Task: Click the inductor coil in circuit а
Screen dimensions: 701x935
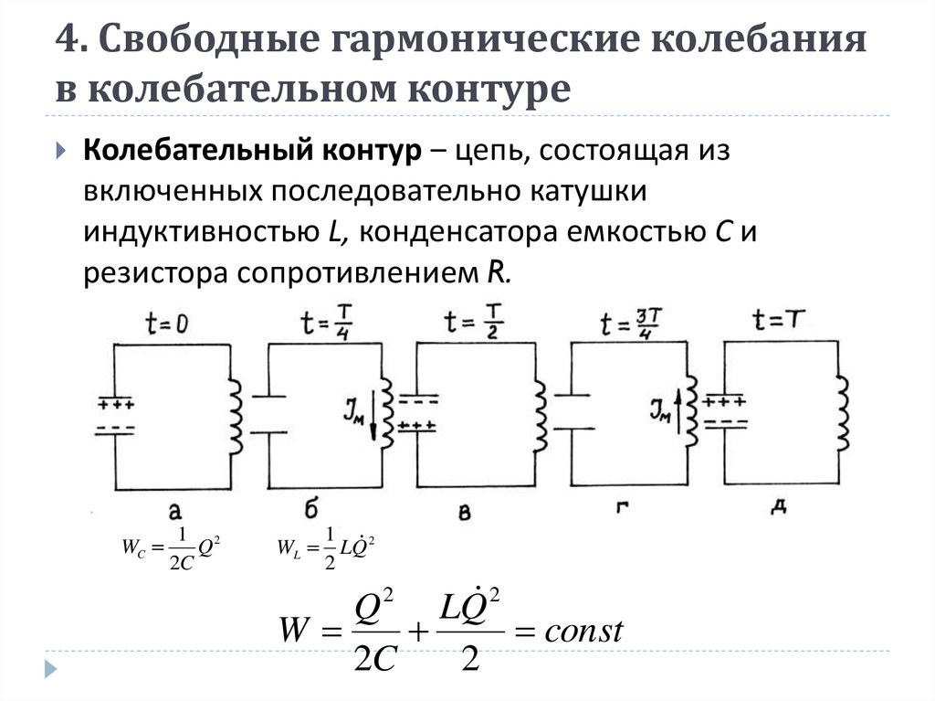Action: pos(236,416)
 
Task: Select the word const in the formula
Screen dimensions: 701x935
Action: pos(582,631)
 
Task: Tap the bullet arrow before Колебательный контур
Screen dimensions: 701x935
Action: pos(60,150)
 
